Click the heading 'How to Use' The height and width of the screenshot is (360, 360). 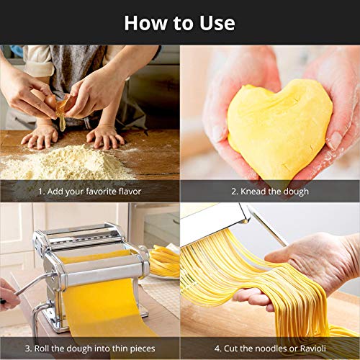179,22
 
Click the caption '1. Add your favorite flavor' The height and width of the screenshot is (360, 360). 90,192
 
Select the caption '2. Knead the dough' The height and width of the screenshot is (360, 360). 269,192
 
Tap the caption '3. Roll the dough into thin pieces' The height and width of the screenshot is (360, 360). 90,348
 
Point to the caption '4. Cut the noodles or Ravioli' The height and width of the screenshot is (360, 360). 269,348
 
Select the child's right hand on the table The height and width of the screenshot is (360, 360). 40,137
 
